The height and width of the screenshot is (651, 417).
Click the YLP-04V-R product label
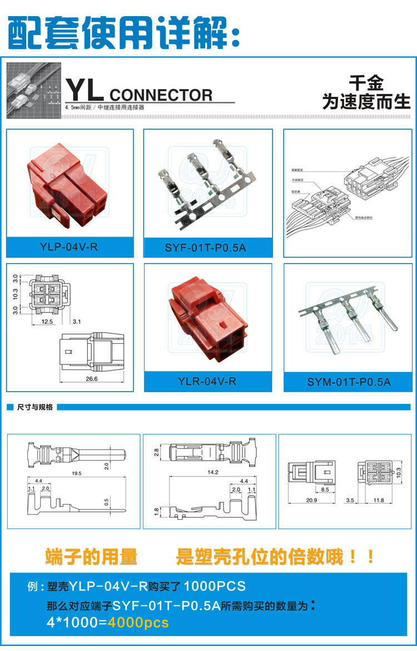pyautogui.click(x=69, y=246)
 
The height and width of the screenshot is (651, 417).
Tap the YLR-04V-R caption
pyautogui.click(x=207, y=382)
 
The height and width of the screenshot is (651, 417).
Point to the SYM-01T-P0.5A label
pyautogui.click(x=349, y=382)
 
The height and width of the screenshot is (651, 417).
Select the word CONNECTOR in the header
pyautogui.click(x=161, y=95)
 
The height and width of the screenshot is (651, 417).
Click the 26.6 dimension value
pyautogui.click(x=92, y=379)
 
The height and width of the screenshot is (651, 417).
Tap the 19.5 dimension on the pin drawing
pyautogui.click(x=77, y=473)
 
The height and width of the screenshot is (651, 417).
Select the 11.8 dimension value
pyautogui.click(x=379, y=500)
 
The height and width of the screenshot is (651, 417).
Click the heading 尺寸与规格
pyautogui.click(x=35, y=407)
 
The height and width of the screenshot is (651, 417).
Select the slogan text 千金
pyautogui.click(x=366, y=84)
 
